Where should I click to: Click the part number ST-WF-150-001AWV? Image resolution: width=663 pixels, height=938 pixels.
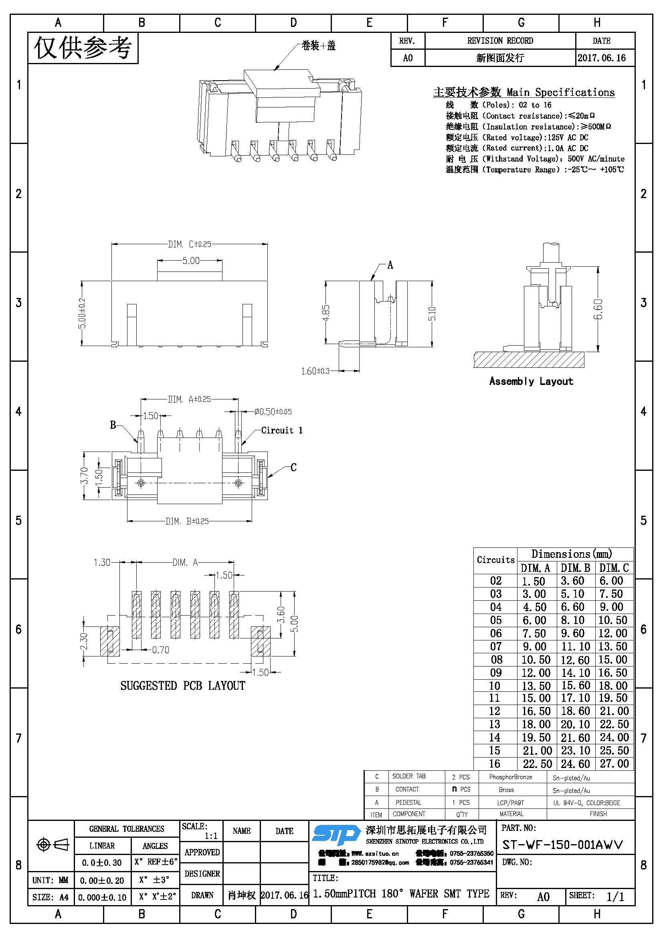point(562,845)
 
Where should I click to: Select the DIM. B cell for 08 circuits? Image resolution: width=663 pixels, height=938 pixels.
point(575,660)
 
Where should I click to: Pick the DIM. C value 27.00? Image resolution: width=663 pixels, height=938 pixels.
point(614,764)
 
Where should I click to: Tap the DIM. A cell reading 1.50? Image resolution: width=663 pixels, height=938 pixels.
point(534,581)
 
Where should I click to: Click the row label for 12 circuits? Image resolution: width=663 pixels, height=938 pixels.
point(495,711)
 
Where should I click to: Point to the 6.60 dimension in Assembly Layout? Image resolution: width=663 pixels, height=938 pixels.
point(598,309)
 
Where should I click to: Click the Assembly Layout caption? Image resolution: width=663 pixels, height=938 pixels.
point(531,381)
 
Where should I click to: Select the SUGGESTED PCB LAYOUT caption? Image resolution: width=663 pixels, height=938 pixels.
point(182,685)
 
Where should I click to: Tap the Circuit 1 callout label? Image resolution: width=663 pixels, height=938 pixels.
point(282,430)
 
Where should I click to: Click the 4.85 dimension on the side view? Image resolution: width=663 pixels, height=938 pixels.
point(326,313)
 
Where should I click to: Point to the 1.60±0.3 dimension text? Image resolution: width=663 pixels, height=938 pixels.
point(315,371)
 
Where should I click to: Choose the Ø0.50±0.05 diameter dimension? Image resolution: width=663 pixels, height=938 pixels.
point(273,411)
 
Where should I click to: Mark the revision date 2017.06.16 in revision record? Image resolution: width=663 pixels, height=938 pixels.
point(601,58)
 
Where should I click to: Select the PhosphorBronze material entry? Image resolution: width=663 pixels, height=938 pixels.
point(510,777)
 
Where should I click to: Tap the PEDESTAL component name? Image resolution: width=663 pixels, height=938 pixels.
point(408,802)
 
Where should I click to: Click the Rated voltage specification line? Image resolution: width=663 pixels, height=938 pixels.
point(517,137)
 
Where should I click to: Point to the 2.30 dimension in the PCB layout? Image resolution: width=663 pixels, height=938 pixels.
point(84,641)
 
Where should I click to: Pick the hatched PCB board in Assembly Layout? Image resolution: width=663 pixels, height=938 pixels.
point(529,359)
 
